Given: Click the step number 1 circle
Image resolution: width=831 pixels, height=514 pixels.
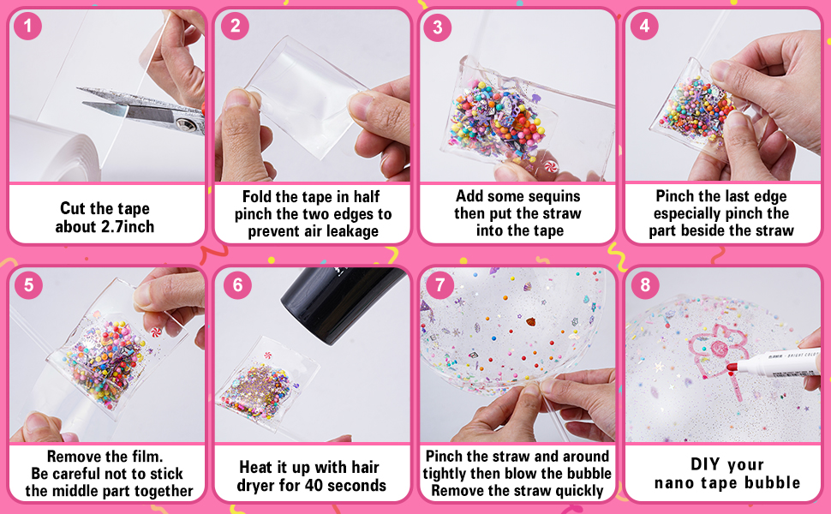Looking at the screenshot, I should coord(28,27).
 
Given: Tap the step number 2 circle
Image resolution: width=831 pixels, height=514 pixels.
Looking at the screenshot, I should coord(234,27).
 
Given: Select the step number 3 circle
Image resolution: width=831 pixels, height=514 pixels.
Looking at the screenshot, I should coord(438,27).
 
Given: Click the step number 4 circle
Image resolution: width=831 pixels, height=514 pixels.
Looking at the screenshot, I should coord(644,27).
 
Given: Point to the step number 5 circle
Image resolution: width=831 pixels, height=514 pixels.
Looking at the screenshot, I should coord(28,284).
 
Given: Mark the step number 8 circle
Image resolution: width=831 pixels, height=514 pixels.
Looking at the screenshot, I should coord(644,284).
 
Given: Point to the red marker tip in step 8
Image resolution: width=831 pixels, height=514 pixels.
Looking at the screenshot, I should coord(732,368).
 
